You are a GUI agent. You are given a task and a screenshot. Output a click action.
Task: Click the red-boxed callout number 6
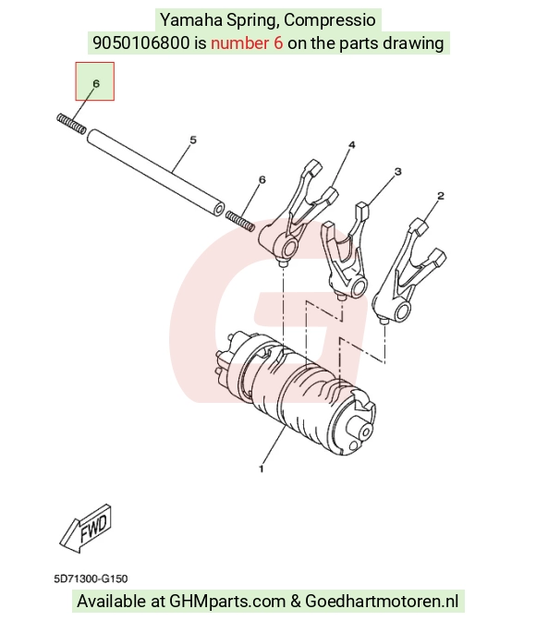96,83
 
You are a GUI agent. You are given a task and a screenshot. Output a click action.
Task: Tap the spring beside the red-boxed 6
71,124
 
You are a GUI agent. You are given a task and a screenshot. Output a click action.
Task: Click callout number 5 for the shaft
193,140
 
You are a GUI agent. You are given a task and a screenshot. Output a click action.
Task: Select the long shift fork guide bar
155,173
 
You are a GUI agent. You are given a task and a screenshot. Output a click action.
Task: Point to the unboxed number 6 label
262,180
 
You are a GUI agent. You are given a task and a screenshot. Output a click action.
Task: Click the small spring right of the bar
240,222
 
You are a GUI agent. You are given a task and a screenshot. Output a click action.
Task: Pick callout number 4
352,145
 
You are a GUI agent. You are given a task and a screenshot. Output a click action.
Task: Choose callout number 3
397,172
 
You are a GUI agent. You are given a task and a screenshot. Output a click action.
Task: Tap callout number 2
441,195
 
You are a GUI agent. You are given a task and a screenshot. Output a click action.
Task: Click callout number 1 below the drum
261,469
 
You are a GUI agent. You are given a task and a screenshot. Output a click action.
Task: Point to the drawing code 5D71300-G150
91,578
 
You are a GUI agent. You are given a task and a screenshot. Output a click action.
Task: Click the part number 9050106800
141,43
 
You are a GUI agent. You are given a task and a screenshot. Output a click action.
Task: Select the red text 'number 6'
247,43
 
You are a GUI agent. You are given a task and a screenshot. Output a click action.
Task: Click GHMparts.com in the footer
227,602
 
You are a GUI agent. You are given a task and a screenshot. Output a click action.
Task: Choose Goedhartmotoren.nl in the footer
382,602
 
